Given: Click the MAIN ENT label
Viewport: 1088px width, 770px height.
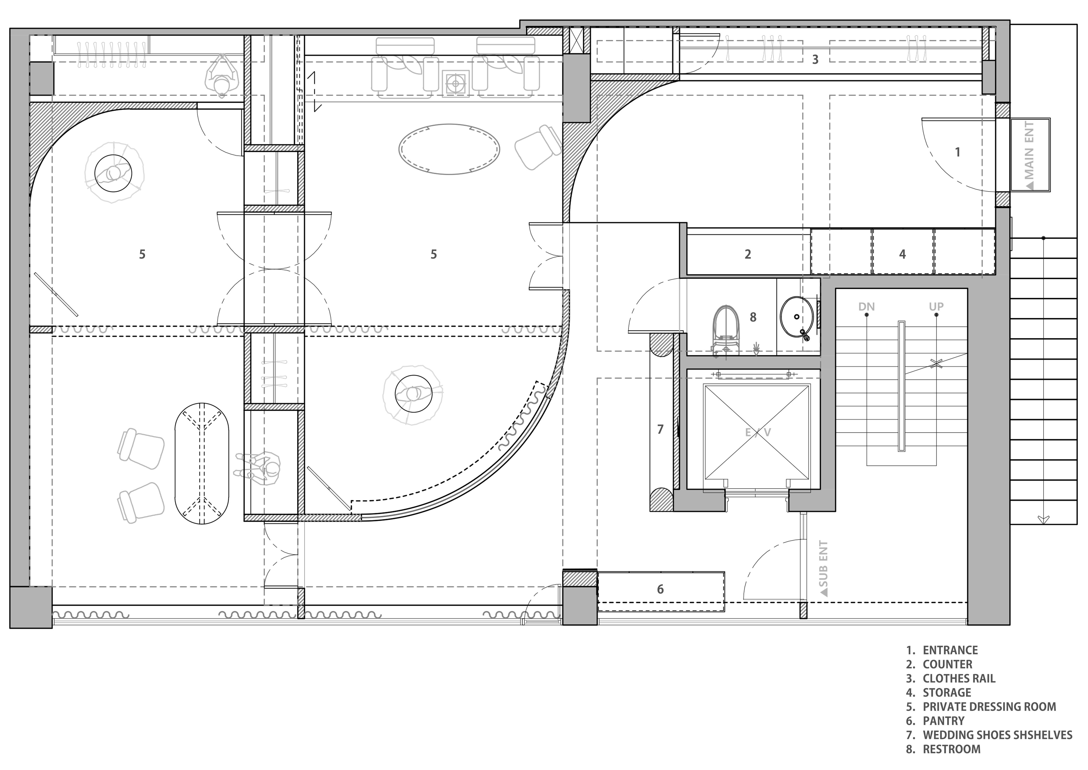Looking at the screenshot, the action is (1030, 156).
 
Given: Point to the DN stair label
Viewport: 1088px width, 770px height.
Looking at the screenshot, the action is (866, 307).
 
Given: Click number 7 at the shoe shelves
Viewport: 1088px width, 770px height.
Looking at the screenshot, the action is (660, 429).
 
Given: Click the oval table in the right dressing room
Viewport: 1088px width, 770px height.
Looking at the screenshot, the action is (449, 149).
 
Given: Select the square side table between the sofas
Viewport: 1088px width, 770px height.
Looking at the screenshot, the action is (456, 84).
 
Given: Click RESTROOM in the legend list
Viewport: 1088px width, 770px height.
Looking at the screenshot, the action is (951, 749).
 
